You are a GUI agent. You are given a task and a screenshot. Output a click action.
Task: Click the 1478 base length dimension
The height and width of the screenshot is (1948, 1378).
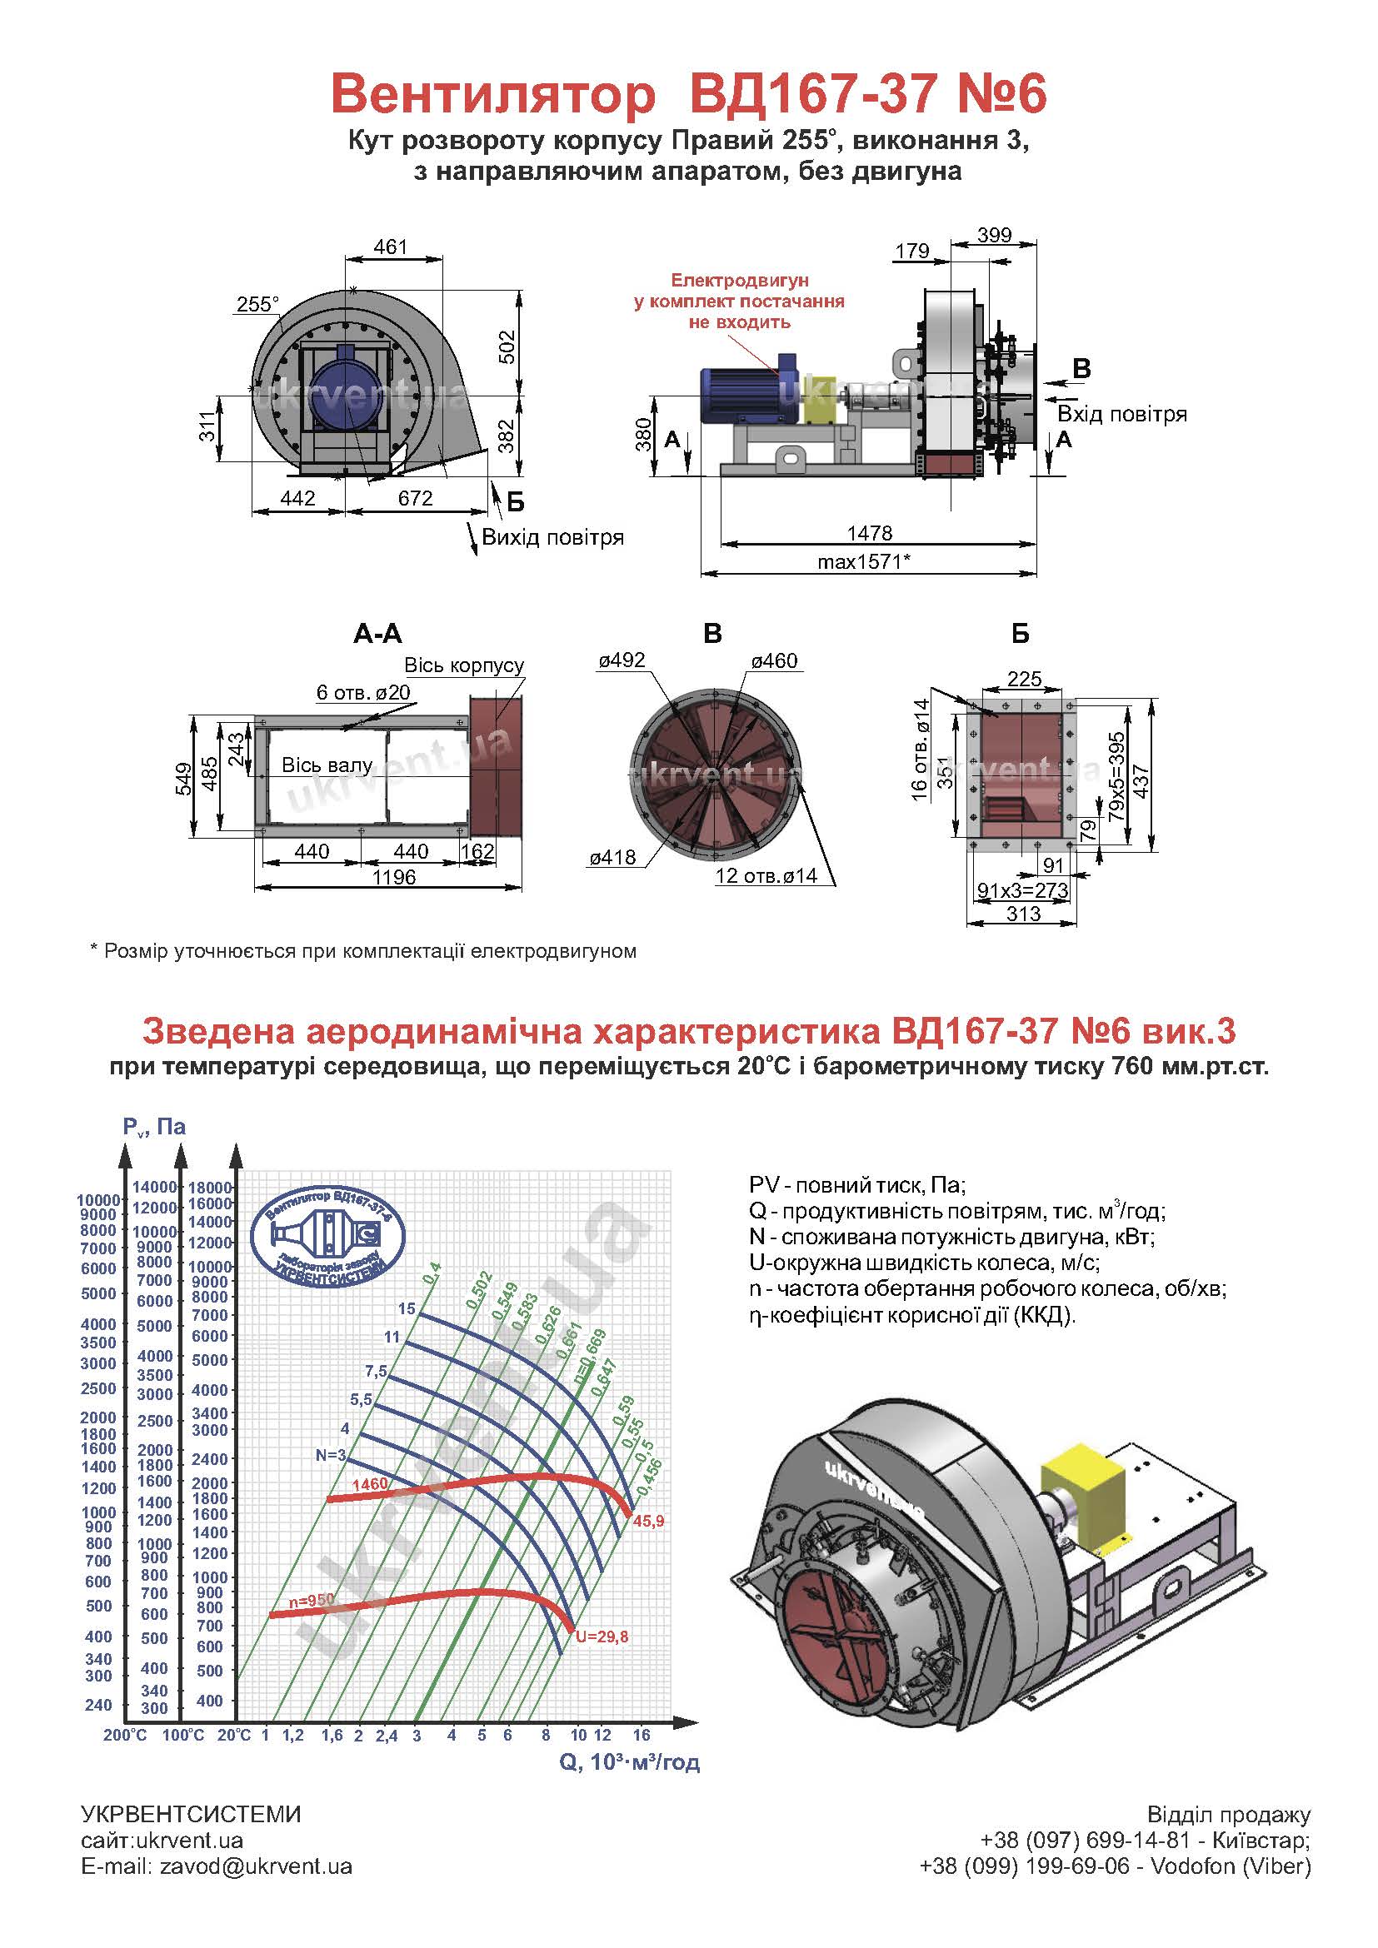click(870, 533)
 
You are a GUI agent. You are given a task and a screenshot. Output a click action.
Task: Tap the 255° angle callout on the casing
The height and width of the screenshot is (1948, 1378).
click(258, 304)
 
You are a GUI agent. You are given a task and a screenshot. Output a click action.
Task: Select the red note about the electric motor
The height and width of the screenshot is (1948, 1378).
click(739, 301)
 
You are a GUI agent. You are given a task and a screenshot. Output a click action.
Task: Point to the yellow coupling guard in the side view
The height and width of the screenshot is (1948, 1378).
click(820, 401)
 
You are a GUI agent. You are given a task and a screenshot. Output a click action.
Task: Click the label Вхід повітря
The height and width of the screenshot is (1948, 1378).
click(1121, 414)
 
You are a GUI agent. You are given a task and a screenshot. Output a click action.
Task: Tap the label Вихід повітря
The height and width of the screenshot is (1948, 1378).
click(552, 537)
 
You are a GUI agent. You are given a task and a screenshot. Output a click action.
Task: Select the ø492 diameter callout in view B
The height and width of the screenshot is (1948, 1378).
click(622, 660)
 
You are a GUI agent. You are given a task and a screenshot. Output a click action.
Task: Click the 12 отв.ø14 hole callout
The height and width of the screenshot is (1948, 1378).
click(766, 875)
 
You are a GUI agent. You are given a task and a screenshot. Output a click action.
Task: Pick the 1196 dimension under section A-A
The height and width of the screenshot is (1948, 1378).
click(394, 876)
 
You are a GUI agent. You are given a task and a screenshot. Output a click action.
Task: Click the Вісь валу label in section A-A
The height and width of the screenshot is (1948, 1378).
click(327, 765)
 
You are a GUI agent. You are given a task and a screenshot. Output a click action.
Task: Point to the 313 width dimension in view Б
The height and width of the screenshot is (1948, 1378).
click(1023, 914)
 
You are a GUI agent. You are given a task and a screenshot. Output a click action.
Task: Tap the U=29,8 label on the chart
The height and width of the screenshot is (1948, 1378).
click(602, 1637)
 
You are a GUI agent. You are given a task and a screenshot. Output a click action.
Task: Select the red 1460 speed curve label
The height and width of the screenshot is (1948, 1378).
click(369, 1484)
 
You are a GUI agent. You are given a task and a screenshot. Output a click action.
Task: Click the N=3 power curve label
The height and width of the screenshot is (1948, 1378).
click(331, 1455)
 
